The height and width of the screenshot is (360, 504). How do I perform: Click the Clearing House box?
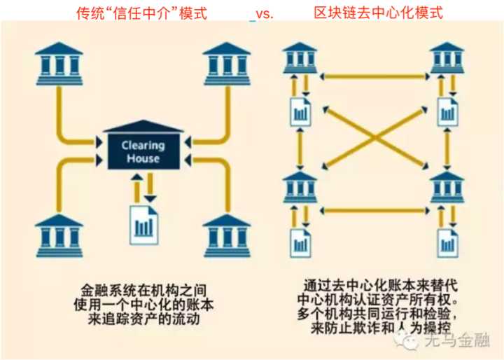point(143,150)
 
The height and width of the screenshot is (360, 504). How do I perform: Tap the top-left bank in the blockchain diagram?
point(301,57)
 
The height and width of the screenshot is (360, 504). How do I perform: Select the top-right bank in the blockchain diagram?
point(447,57)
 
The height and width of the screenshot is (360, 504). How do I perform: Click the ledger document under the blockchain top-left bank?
point(300,111)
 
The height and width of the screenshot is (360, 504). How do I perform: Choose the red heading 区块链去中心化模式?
point(379,12)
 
